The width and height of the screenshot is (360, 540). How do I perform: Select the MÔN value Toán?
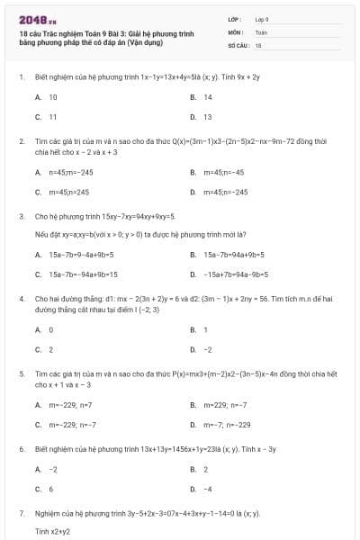[261, 31]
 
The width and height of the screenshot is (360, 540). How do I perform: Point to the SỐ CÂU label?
[238, 43]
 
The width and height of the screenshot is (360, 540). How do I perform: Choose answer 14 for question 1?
[208, 97]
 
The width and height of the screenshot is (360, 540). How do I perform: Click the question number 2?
[21, 142]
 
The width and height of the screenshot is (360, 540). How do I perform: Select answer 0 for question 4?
[51, 329]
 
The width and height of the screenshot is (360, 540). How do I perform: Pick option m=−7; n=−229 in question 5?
[227, 424]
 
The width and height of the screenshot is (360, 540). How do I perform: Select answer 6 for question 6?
[51, 489]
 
